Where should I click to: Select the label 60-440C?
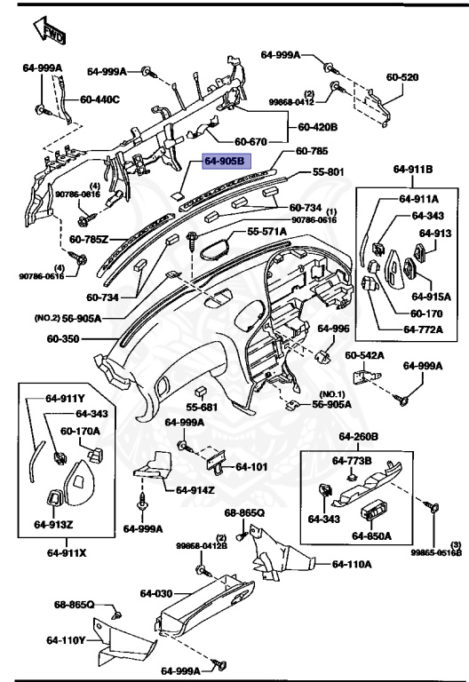(99, 99)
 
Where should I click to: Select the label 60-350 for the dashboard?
(64, 338)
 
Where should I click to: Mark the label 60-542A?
(364, 355)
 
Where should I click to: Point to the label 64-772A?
(427, 329)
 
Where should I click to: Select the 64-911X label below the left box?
(67, 552)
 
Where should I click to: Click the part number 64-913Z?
(53, 524)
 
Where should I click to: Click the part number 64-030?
(155, 592)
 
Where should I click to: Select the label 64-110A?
(352, 564)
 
